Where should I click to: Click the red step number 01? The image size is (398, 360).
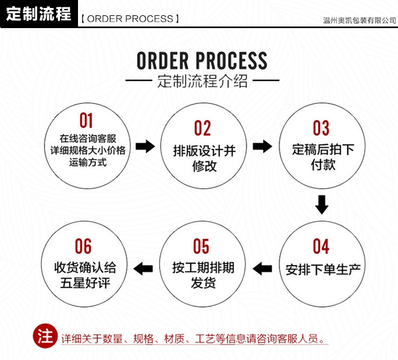[86, 121]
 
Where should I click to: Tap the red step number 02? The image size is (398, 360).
[202, 128]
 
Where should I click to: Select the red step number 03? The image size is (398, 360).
[321, 128]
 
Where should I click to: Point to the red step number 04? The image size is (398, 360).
[321, 247]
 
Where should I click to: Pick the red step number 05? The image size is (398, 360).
[202, 247]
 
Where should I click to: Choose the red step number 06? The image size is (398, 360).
[83, 247]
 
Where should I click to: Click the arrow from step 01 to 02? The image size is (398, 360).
[144, 146]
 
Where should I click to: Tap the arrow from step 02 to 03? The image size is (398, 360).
[262, 146]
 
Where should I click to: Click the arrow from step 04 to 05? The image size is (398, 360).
[262, 269]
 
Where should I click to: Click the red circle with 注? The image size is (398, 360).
[45, 336]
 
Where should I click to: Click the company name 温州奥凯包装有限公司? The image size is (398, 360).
[359, 20]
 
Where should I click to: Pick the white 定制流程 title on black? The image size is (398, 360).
[39, 14]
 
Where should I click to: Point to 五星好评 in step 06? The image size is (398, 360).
[84, 282]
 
